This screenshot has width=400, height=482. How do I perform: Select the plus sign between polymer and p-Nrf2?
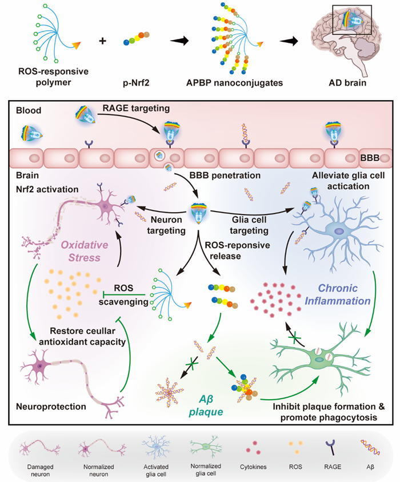click(103, 42)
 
